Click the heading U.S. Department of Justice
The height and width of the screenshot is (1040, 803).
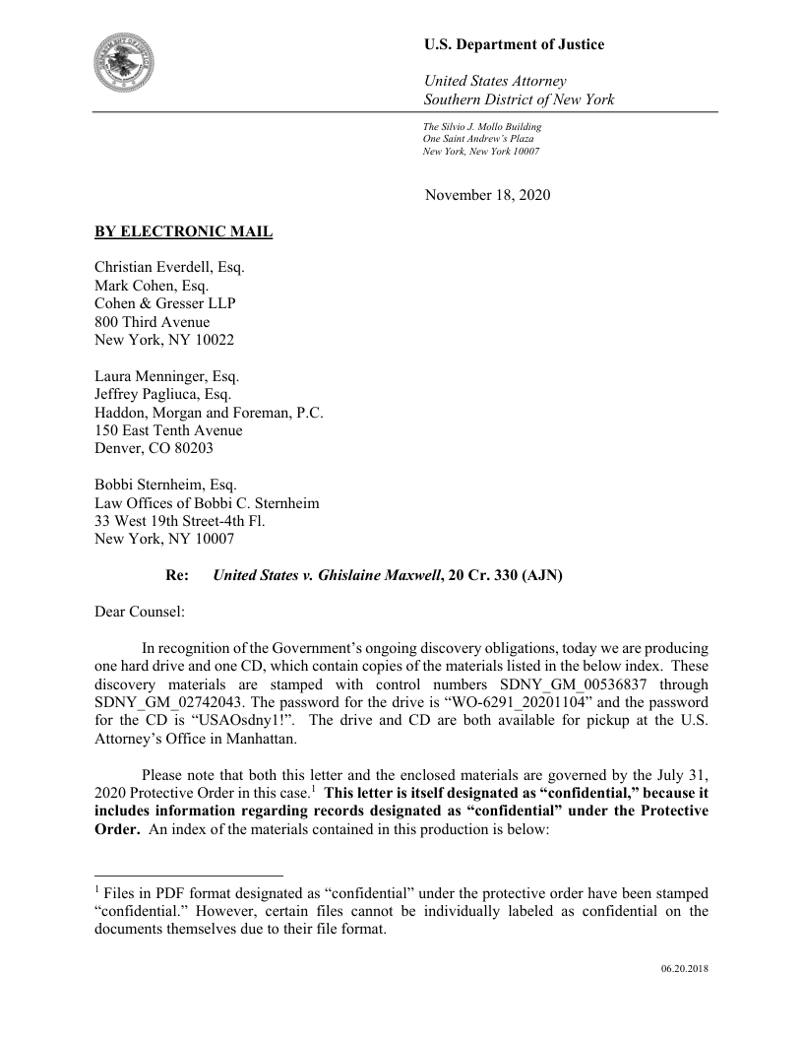514,44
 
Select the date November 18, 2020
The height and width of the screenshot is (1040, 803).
487,195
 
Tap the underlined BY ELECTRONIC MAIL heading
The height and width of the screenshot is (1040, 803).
183,232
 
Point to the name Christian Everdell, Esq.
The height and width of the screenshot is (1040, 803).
169,268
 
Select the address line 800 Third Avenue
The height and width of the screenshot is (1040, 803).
152,321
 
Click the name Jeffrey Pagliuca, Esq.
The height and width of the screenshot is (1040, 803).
162,394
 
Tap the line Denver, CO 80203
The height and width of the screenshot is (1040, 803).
153,447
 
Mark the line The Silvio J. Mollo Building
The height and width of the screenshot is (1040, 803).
481,127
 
